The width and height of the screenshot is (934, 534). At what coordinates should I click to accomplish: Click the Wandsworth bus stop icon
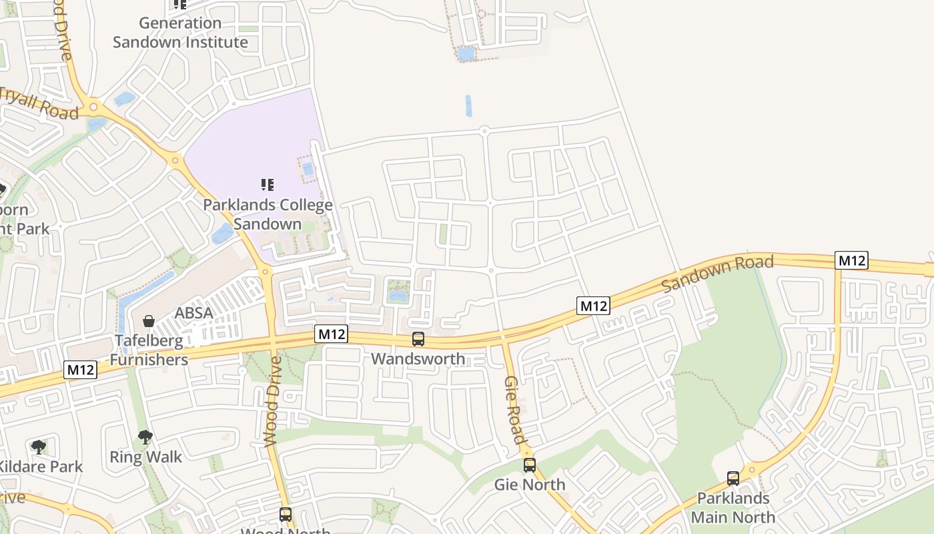[418, 339]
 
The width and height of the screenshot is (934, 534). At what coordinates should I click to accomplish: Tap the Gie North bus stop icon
[530, 465]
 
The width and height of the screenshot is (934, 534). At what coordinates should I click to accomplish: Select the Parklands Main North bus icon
[733, 478]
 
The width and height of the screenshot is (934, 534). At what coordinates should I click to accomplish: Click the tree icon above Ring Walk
[145, 438]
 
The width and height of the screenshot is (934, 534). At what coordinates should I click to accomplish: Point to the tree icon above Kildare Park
[39, 447]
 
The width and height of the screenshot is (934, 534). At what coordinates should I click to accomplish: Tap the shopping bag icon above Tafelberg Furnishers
[149, 321]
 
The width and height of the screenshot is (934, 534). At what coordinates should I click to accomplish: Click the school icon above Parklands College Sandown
[268, 185]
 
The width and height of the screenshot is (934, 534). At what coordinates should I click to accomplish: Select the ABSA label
[193, 313]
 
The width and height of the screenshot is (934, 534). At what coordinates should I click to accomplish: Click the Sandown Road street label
[718, 273]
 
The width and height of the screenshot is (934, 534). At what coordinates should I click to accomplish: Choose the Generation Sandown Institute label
[180, 33]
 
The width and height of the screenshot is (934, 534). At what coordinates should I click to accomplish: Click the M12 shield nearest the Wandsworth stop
[332, 334]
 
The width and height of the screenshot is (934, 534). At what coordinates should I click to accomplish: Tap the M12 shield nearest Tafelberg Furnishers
[81, 370]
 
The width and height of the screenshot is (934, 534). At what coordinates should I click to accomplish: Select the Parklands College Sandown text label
[268, 214]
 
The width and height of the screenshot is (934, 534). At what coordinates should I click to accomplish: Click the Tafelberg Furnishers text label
[149, 350]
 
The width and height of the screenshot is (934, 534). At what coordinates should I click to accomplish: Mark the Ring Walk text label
[145, 457]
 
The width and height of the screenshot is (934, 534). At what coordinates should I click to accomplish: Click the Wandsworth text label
[418, 358]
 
